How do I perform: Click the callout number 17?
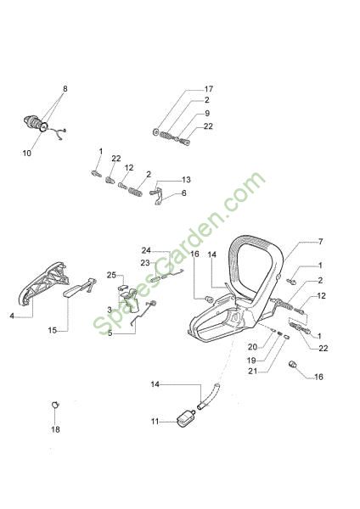click(x=209, y=88)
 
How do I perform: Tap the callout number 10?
click(x=27, y=153)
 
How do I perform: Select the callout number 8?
click(x=65, y=88)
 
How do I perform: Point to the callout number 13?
click(x=186, y=180)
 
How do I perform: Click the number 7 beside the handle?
click(x=321, y=242)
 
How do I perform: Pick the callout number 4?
click(x=12, y=316)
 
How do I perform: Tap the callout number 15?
click(x=53, y=331)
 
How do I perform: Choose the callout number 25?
click(x=111, y=275)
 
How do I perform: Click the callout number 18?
click(x=55, y=429)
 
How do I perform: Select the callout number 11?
click(x=155, y=422)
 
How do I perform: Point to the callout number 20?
click(x=252, y=347)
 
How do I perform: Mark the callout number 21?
click(x=252, y=371)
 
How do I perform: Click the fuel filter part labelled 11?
click(x=186, y=418)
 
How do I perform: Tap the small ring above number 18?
click(x=55, y=405)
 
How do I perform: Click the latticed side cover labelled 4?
click(x=43, y=283)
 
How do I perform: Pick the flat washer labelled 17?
click(x=155, y=131)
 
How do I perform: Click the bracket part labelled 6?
click(x=158, y=196)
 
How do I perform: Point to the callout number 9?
click(x=207, y=114)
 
